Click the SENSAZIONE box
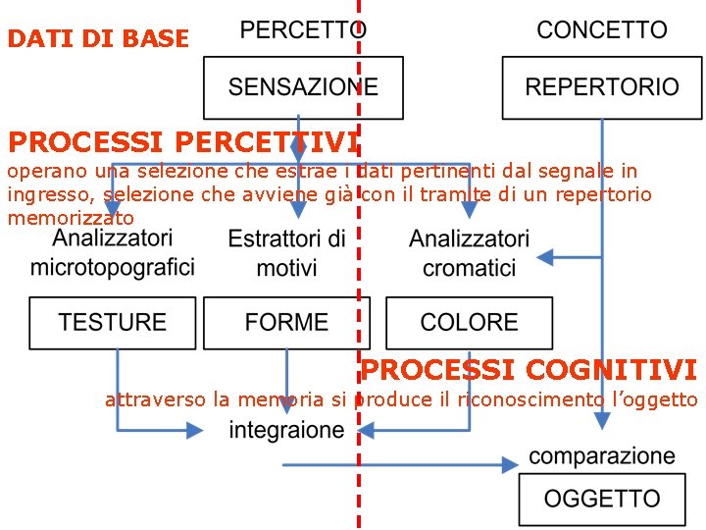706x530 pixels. tap(303, 87)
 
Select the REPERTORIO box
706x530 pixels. tap(601, 87)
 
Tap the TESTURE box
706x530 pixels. tap(112, 322)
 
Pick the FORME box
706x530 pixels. tap(286, 322)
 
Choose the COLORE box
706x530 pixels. tap(469, 322)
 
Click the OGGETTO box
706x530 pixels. tap(601, 499)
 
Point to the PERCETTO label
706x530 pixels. tap(303, 29)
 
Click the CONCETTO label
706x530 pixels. tap(601, 29)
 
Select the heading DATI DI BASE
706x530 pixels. tap(98, 39)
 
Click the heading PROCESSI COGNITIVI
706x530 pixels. tap(529, 370)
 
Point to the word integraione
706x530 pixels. tap(286, 430)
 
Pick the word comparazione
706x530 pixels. tap(601, 456)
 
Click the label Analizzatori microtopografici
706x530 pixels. tap(112, 252)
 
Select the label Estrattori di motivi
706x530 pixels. tap(286, 253)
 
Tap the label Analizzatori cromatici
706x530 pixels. tap(469, 252)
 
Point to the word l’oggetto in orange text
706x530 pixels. tap(654, 399)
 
